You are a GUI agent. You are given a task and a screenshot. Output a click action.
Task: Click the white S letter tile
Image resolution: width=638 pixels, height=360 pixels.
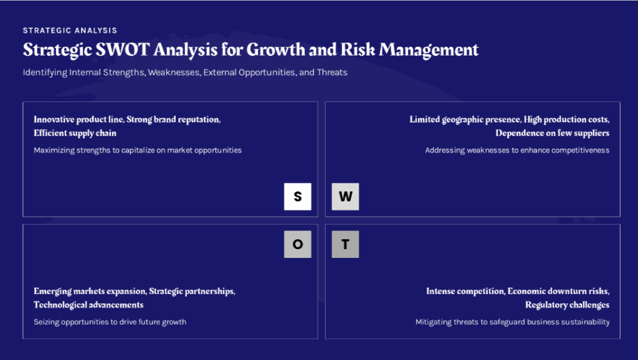pyautogui.click(x=297, y=196)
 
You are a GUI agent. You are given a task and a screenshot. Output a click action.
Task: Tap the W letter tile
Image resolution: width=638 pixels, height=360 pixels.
pyautogui.click(x=345, y=196)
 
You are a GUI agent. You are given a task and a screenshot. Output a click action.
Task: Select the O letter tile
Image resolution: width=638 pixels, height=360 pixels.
pyautogui.click(x=297, y=244)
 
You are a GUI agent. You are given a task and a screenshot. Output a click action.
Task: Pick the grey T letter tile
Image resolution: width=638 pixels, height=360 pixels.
pyautogui.click(x=345, y=244)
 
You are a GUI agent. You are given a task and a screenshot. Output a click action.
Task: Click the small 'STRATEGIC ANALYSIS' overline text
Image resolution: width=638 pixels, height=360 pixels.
pyautogui.click(x=70, y=31)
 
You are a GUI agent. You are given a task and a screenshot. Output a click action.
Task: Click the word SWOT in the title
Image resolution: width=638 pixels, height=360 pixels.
pyautogui.click(x=123, y=50)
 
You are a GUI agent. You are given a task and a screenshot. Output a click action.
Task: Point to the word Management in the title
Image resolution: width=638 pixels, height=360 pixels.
pyautogui.click(x=429, y=50)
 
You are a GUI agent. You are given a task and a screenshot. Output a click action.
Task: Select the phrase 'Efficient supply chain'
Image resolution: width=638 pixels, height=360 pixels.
pyautogui.click(x=75, y=133)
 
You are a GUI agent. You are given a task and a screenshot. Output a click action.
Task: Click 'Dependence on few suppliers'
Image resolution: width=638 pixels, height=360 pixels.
pyautogui.click(x=552, y=133)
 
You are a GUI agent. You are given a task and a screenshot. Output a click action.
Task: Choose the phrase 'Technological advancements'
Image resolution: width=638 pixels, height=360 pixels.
pyautogui.click(x=88, y=305)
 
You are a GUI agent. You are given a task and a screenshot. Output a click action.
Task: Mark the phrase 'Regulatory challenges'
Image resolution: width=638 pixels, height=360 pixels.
pyautogui.click(x=567, y=305)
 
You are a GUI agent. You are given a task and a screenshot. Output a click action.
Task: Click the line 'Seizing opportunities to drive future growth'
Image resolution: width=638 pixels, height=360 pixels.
pyautogui.click(x=110, y=322)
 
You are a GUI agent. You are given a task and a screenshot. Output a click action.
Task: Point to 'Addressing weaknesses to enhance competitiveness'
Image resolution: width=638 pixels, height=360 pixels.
pyautogui.click(x=517, y=150)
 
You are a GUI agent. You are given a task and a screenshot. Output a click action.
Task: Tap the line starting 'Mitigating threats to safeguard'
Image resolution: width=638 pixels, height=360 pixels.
pyautogui.click(x=512, y=322)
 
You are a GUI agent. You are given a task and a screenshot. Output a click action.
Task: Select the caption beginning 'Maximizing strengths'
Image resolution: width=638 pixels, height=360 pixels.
pyautogui.click(x=138, y=150)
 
